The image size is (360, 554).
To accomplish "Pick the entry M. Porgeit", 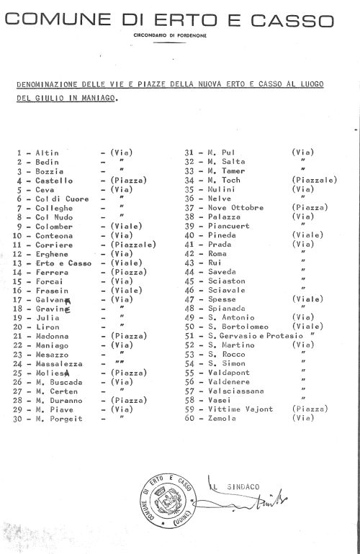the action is click(60, 418).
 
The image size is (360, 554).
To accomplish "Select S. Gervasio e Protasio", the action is click(254, 335).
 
